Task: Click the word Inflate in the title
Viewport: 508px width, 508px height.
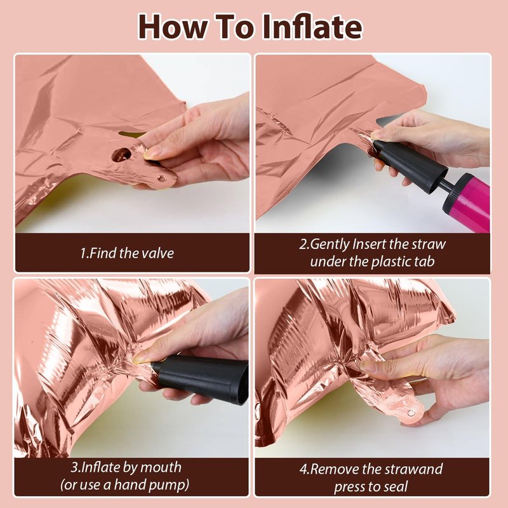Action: (x=312, y=27)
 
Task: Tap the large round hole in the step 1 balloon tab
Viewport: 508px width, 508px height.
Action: (x=122, y=154)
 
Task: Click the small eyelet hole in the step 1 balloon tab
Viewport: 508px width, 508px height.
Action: (x=161, y=178)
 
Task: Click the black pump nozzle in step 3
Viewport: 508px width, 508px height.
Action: (x=201, y=378)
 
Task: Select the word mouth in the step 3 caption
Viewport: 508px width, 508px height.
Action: (x=161, y=467)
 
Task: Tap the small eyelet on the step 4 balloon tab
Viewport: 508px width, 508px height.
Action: (x=411, y=413)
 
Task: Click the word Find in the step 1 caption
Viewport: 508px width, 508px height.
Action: (x=103, y=253)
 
